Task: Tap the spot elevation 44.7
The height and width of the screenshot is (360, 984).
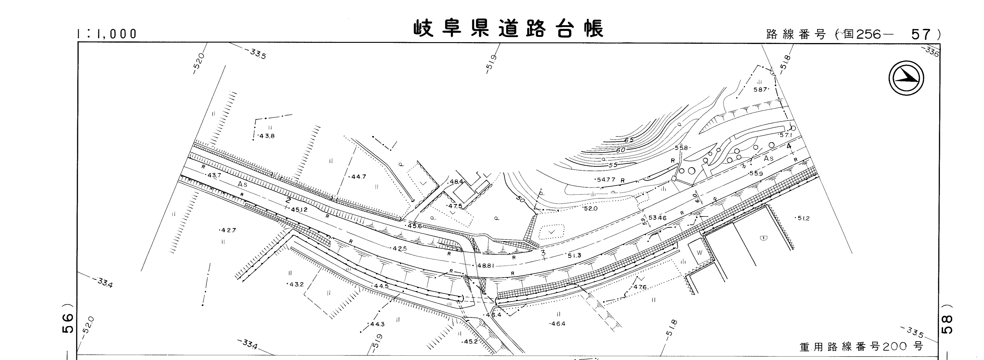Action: click(x=358, y=177)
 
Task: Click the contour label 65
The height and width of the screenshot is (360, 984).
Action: click(x=629, y=140)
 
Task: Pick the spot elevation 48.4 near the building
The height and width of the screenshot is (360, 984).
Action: click(x=456, y=182)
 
